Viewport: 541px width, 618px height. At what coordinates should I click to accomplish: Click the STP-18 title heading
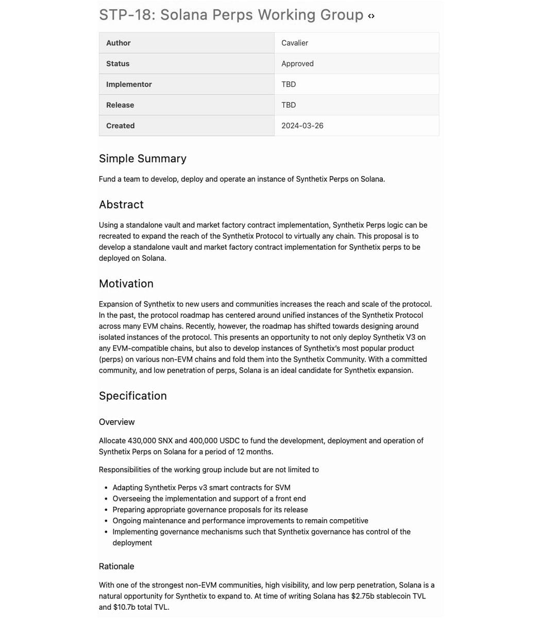231,15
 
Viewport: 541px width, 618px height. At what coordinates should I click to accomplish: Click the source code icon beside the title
371,16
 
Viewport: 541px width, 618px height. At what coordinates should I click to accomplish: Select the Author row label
119,43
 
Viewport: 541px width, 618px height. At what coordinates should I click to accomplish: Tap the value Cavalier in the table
295,43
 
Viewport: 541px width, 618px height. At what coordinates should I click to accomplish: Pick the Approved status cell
297,63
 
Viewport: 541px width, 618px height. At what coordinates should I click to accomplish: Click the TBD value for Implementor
289,84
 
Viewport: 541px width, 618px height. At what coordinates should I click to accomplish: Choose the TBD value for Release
289,105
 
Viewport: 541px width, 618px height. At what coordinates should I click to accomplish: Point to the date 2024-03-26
302,125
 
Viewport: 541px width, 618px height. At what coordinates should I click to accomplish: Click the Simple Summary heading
143,159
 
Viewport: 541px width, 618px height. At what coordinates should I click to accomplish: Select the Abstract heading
121,204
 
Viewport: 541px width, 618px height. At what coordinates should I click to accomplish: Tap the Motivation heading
126,284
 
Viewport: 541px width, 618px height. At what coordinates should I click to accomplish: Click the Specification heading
133,396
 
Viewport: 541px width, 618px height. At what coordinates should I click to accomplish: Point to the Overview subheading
116,422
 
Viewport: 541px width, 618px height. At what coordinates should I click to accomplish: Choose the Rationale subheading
116,566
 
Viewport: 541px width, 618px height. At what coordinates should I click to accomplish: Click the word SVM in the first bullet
282,487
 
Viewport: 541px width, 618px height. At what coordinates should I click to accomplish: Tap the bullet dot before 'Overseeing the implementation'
107,499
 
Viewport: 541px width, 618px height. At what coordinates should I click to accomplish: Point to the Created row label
120,125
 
